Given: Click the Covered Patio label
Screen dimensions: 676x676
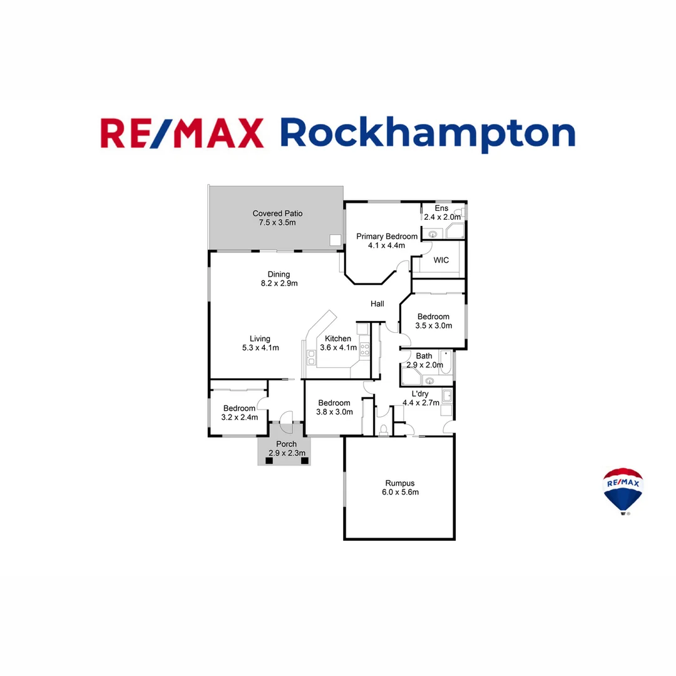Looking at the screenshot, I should click(x=277, y=213).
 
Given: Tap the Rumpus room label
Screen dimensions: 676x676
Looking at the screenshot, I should click(x=400, y=483).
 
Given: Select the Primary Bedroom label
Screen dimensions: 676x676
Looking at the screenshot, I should click(x=387, y=237).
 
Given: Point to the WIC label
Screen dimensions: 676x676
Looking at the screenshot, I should click(x=441, y=260).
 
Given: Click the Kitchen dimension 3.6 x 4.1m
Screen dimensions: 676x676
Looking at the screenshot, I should click(x=338, y=347).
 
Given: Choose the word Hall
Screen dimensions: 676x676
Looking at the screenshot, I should click(x=377, y=304).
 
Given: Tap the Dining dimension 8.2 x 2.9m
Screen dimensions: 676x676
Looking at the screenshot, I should click(x=279, y=283).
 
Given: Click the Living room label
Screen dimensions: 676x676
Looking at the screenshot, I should click(x=260, y=339).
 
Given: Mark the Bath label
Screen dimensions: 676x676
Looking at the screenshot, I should click(x=424, y=356).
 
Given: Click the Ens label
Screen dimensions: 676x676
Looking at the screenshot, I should click(x=442, y=208).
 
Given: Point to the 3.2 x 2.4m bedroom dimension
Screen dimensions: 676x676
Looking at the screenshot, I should click(x=240, y=417).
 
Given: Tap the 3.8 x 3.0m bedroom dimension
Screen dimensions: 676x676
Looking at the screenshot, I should click(x=334, y=412).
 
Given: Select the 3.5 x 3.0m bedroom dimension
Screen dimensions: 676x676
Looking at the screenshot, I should click(x=434, y=325).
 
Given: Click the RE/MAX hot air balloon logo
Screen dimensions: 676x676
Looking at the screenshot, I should click(x=623, y=490).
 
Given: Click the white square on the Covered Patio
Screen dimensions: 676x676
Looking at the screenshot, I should click(x=335, y=240).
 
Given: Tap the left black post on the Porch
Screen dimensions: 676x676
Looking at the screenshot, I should click(x=269, y=461).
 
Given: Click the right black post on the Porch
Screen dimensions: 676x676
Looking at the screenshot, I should click(x=305, y=461).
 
